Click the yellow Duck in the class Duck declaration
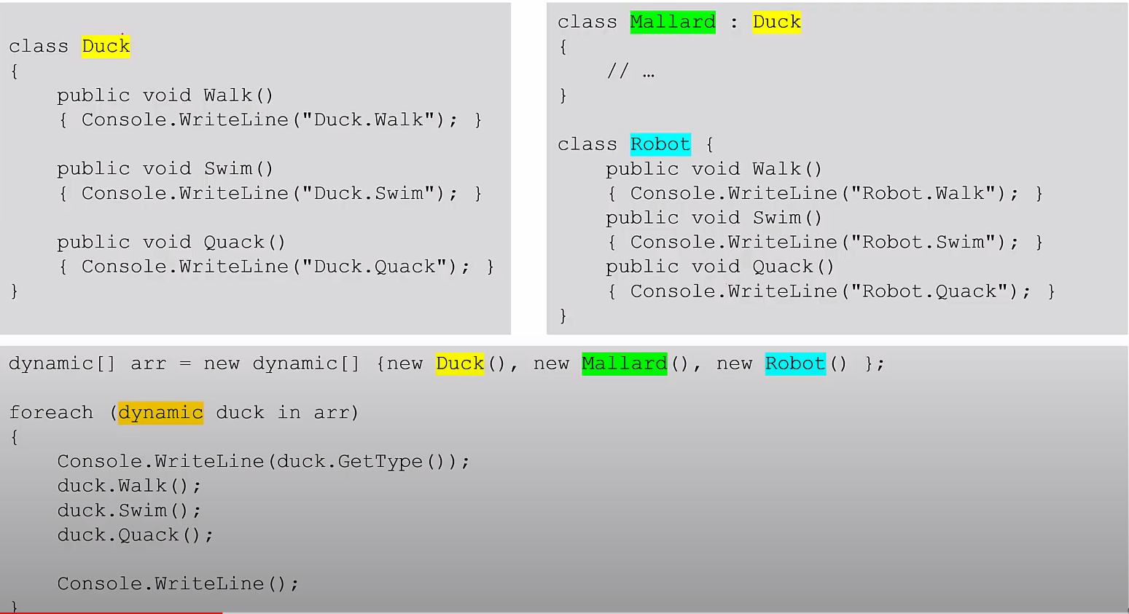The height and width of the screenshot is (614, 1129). (106, 47)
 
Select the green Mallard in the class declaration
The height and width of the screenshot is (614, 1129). (672, 22)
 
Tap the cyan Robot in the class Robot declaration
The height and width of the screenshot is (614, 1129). (660, 144)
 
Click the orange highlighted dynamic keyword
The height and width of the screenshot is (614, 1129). (160, 413)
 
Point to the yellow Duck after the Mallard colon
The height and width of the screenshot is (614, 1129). (776, 22)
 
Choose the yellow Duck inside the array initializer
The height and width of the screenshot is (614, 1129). (459, 363)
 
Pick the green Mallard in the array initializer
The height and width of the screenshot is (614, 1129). (624, 363)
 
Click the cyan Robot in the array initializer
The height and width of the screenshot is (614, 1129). (794, 363)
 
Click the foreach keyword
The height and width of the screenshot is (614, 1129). (51, 413)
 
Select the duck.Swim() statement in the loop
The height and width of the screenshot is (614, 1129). (129, 511)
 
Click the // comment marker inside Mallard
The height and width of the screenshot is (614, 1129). (618, 71)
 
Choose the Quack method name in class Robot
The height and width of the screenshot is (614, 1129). (783, 267)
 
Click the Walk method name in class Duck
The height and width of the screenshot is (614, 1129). (227, 95)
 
